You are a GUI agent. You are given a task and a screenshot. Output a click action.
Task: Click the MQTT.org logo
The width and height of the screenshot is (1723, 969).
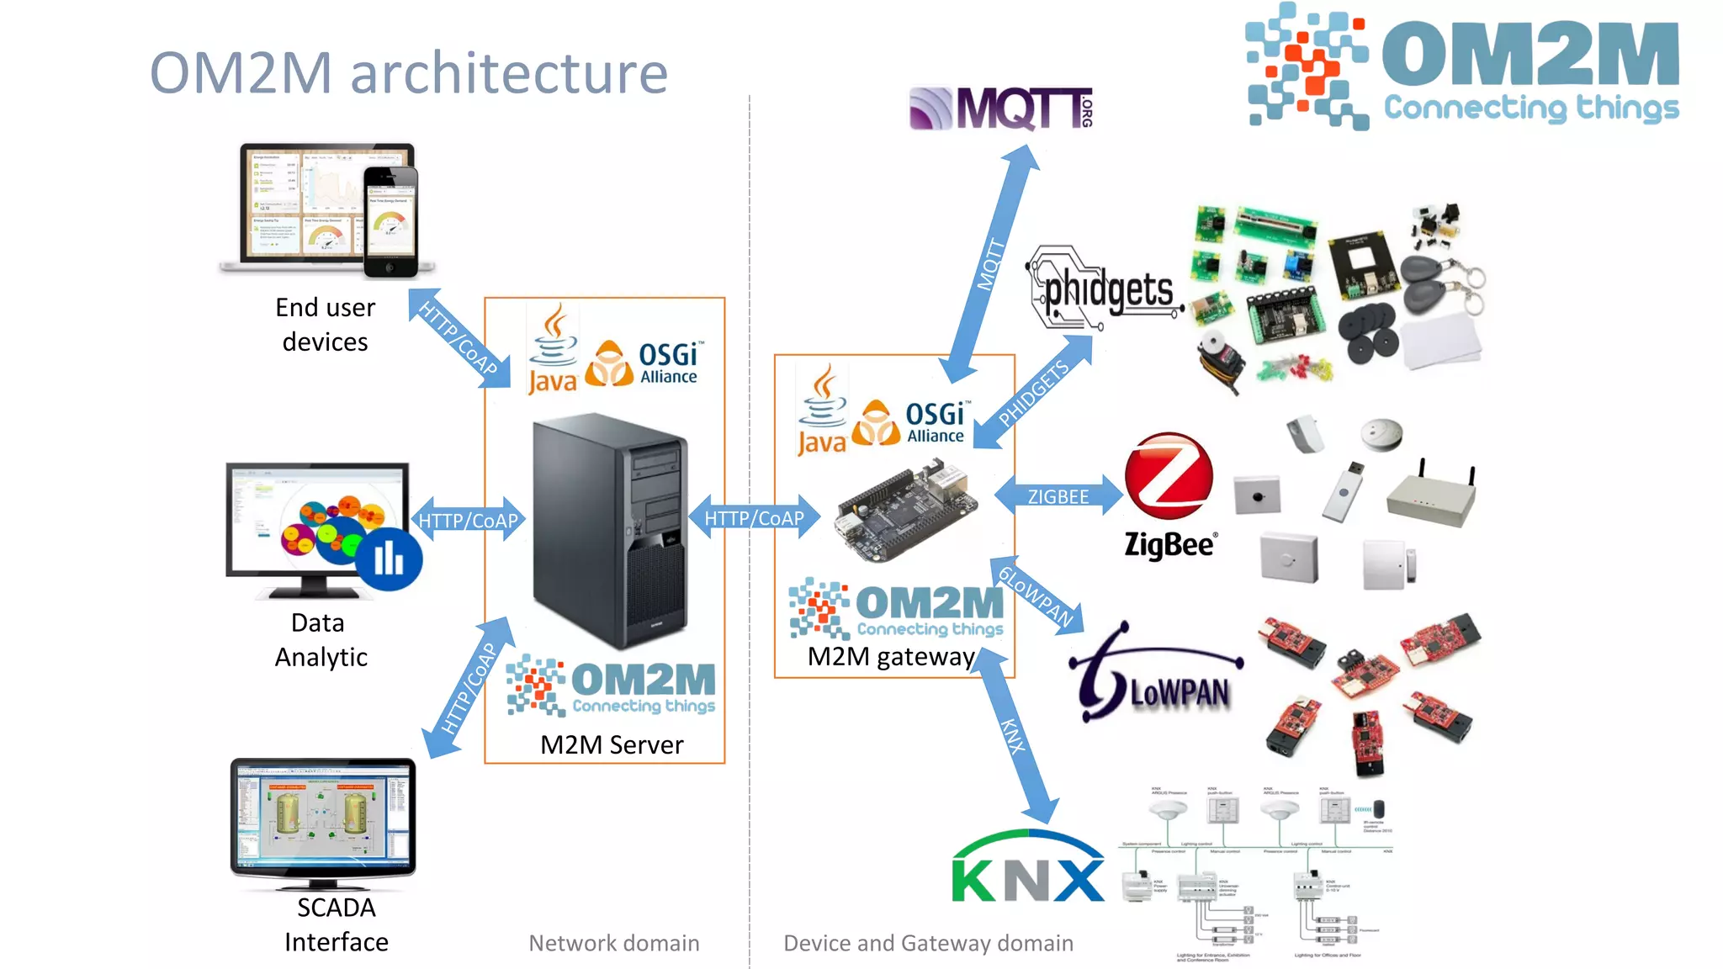click(x=1000, y=109)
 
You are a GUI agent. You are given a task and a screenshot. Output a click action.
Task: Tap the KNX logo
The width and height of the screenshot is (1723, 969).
click(x=1027, y=871)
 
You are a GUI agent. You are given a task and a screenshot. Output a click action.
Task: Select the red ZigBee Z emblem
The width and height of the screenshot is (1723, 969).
click(x=1169, y=476)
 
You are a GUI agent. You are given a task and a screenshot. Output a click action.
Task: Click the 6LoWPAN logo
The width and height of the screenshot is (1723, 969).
click(x=1157, y=677)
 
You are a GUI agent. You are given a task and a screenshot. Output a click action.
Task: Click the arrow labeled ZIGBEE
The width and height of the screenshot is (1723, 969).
click(x=1058, y=496)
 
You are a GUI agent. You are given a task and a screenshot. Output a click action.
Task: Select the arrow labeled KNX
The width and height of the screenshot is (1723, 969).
click(x=1014, y=735)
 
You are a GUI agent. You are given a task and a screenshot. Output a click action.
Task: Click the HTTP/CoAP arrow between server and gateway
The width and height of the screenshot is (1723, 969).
click(x=754, y=518)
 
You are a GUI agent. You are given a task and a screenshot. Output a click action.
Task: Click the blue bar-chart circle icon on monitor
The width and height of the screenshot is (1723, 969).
click(x=388, y=559)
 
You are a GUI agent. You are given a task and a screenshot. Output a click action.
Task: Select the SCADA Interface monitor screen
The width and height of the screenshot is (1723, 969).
click(x=323, y=821)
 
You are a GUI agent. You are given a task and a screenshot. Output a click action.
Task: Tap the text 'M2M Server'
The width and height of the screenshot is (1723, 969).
click(x=611, y=744)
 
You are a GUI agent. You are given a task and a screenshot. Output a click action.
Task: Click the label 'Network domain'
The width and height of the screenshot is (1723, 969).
click(x=613, y=943)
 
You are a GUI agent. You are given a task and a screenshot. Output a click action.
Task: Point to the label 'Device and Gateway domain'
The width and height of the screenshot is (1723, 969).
click(x=928, y=943)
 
